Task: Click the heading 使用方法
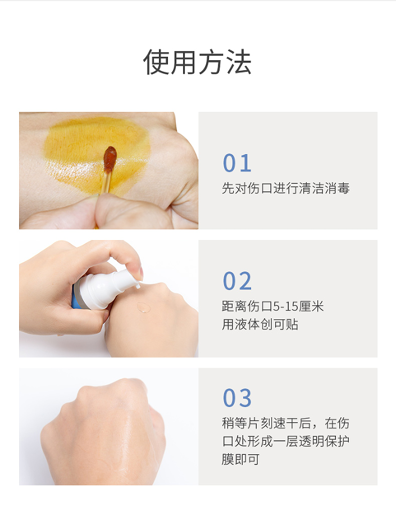pos(197,62)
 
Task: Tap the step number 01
pos(236,163)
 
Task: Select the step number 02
pos(237,281)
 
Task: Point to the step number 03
pos(237,398)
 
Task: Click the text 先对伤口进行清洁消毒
pos(285,189)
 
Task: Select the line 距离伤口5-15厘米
pos(272,306)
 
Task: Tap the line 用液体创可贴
pos(260,324)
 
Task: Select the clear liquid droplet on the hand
pos(144,308)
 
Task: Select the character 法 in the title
pos(238,62)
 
